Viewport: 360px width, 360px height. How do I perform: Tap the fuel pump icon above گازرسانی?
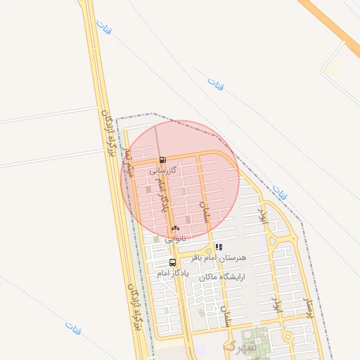click(163, 160)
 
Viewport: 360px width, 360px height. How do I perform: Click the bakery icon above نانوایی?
click(176, 228)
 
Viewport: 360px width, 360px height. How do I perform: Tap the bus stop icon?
click(173, 263)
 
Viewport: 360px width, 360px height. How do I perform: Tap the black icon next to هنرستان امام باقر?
click(219, 247)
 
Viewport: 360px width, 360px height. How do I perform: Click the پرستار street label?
click(307, 307)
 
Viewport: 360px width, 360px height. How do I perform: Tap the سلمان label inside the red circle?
click(205, 210)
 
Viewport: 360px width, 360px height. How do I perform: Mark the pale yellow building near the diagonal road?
click(334, 67)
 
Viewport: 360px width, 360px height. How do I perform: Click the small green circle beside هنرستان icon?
click(208, 251)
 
